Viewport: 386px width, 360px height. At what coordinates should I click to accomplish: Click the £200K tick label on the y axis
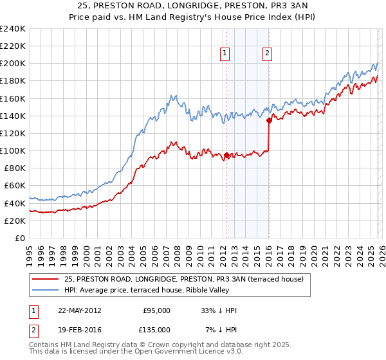point(12,64)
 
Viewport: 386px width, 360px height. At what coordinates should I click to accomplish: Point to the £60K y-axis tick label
point(14,186)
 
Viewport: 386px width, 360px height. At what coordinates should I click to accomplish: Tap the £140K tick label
point(12,116)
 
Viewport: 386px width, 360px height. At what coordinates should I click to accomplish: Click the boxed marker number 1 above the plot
point(226,54)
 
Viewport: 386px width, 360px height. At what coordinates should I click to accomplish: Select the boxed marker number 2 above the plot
point(267,54)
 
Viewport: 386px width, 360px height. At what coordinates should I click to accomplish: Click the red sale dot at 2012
point(226,155)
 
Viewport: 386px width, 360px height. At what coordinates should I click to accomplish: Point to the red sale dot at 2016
point(269,120)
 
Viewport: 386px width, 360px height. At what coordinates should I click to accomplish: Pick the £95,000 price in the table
point(158,310)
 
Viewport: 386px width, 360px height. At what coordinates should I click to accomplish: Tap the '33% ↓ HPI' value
point(219,310)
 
